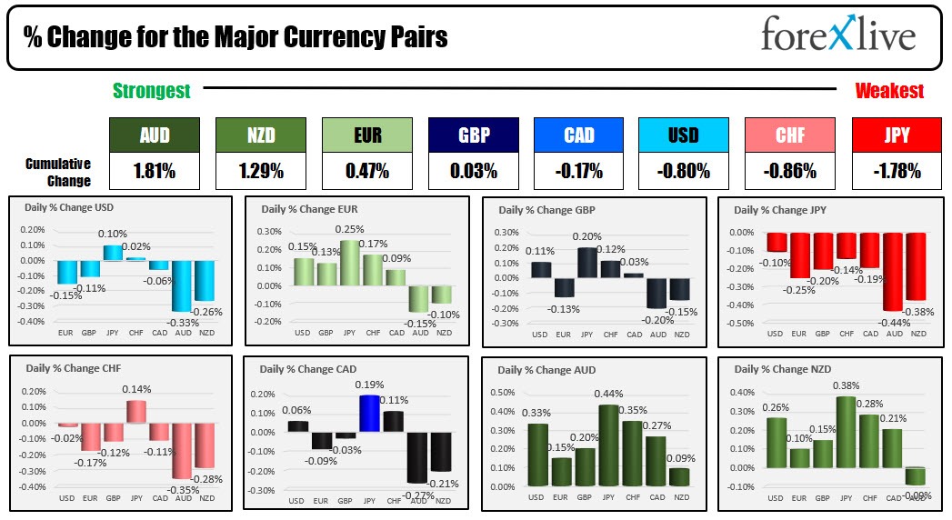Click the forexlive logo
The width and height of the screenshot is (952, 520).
pos(837,36)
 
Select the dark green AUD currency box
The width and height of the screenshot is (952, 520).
pos(154,135)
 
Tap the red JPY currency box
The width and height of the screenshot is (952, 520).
pos(896,135)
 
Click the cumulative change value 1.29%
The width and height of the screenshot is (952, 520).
pos(260,170)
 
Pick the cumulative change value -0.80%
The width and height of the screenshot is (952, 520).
pos(683,170)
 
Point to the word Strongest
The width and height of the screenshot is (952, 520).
pos(152,90)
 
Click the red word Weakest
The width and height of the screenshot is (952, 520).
pos(889,90)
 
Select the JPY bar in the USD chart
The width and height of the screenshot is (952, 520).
pos(111,253)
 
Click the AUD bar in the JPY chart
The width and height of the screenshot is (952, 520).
pos(894,271)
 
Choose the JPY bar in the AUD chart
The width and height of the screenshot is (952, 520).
pos(606,445)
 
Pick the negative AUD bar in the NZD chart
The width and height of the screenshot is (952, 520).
pos(915,475)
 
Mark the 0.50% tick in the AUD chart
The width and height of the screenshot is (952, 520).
pos(503,393)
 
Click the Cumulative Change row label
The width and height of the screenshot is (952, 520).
pos(58,171)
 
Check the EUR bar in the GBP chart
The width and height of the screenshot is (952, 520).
pos(564,287)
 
